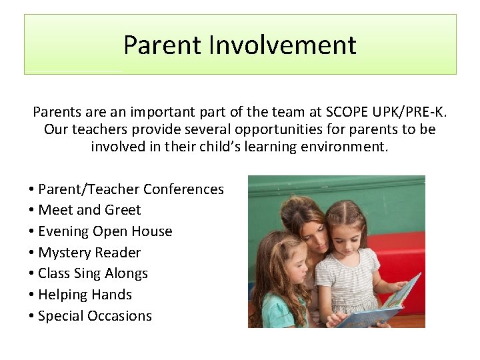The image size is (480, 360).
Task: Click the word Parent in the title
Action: point(163,45)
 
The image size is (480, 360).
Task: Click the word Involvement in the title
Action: point(283,45)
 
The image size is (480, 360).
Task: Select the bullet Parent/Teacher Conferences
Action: point(131,189)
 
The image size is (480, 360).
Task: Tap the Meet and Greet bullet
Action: point(89,210)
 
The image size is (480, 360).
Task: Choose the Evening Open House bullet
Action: point(105,231)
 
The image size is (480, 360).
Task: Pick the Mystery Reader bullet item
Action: point(89,253)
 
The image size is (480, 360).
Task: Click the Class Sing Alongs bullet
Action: point(93,273)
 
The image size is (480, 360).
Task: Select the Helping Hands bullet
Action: point(85,295)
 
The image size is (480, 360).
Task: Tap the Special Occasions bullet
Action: point(95,316)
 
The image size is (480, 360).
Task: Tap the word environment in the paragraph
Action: point(347,146)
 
